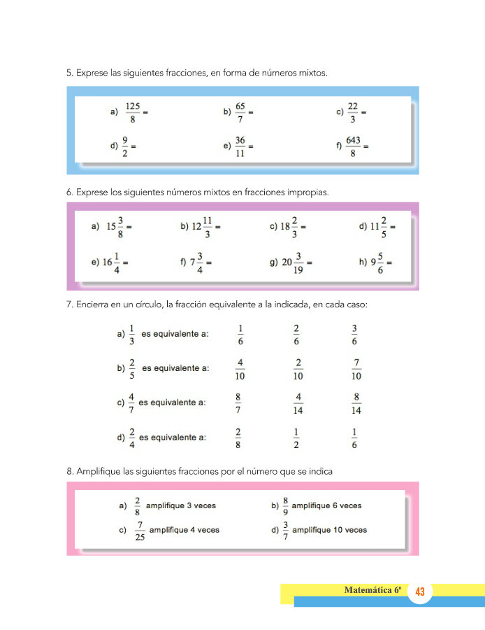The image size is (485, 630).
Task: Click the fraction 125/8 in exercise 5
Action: pos(133,112)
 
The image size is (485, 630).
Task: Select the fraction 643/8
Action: pos(353,146)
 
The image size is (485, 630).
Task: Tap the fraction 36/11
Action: pos(240,146)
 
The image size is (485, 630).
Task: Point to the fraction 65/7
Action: pos(240,112)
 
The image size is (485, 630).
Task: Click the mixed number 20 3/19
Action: pos(292,262)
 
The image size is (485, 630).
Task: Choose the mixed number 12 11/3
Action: pos(202,227)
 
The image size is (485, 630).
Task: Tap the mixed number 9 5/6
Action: pos(379,262)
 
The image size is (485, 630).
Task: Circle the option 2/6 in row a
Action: pos(297,334)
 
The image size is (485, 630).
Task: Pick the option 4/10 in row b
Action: pos(240,369)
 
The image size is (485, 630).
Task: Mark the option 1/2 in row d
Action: pos(298,437)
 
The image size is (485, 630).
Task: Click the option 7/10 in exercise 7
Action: pos(356,369)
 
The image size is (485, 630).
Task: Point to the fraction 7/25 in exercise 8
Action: pos(140,530)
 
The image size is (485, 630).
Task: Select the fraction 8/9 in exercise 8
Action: pos(285,505)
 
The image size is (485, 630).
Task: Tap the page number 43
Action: pos(420,592)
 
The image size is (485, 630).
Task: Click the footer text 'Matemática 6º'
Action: pos(374,590)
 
